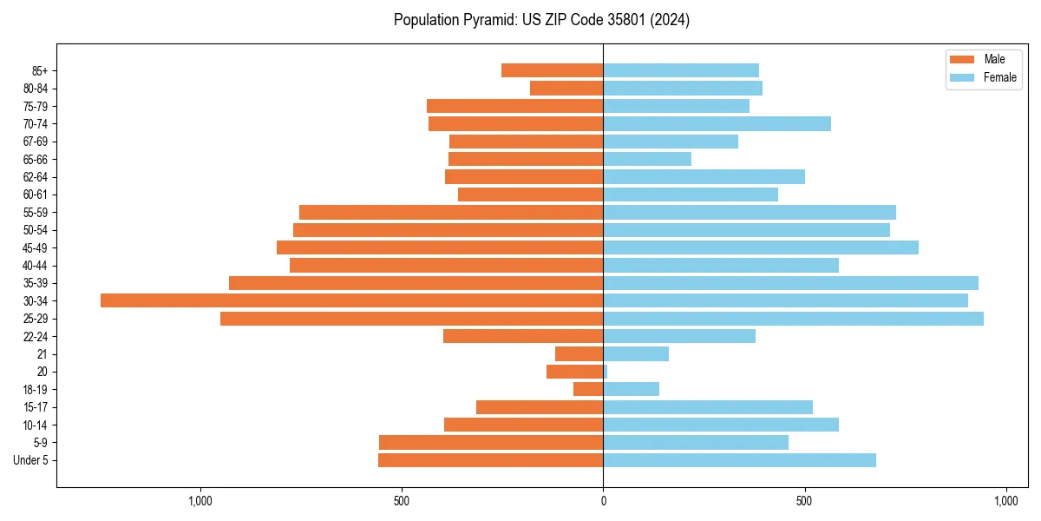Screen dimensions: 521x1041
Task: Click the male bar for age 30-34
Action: point(351,300)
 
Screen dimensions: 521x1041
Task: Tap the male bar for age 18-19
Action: point(588,389)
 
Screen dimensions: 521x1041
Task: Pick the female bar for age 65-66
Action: point(647,159)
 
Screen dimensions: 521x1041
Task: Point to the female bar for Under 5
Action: point(739,460)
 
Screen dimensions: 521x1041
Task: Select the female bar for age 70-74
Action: point(717,123)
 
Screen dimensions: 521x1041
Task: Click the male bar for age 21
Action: point(579,354)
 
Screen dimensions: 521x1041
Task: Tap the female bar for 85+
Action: point(681,70)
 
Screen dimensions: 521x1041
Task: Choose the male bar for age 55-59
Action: point(451,212)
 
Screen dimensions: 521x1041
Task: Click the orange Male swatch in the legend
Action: point(962,59)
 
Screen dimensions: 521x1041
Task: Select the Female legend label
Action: point(1000,77)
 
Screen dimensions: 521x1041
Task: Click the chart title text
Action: point(541,20)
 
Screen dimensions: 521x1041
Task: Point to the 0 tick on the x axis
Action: point(603,501)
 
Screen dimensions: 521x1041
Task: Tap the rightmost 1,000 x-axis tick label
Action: point(1005,501)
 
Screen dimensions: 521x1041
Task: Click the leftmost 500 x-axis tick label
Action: point(402,501)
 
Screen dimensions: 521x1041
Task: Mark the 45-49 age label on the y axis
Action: point(36,247)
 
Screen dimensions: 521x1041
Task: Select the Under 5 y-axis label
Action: point(30,460)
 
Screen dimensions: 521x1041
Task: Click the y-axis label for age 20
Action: point(42,372)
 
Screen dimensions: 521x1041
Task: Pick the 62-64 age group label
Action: point(36,177)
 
